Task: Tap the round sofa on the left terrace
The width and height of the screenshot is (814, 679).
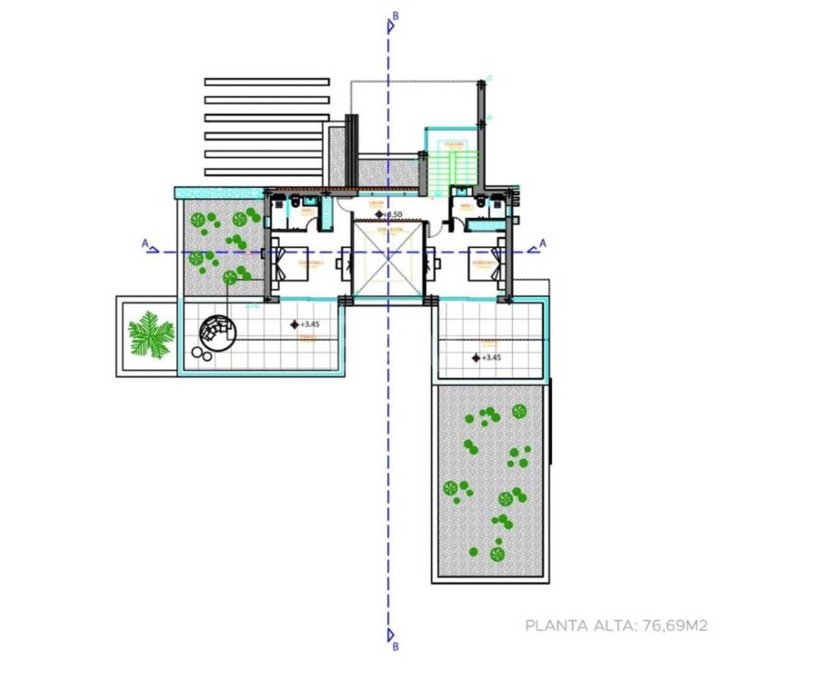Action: pyautogui.click(x=218, y=331)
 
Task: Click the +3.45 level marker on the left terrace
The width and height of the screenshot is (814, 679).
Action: pyautogui.click(x=294, y=324)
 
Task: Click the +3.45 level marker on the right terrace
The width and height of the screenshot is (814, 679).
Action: pyautogui.click(x=476, y=358)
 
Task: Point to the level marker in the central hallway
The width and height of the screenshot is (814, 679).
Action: pyautogui.click(x=379, y=214)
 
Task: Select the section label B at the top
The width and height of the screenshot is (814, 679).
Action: pyautogui.click(x=394, y=16)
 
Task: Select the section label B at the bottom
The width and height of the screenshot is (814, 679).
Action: pyautogui.click(x=394, y=646)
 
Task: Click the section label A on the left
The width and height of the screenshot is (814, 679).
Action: pyautogui.click(x=145, y=243)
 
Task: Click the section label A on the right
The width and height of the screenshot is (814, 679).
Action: pyautogui.click(x=543, y=243)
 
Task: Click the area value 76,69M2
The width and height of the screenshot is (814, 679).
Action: pyautogui.click(x=674, y=626)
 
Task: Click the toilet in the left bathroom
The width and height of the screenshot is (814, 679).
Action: pyautogui.click(x=294, y=203)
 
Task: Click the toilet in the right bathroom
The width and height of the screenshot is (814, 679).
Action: pyautogui.click(x=481, y=203)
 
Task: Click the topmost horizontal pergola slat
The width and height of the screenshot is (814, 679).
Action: pyautogui.click(x=267, y=82)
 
